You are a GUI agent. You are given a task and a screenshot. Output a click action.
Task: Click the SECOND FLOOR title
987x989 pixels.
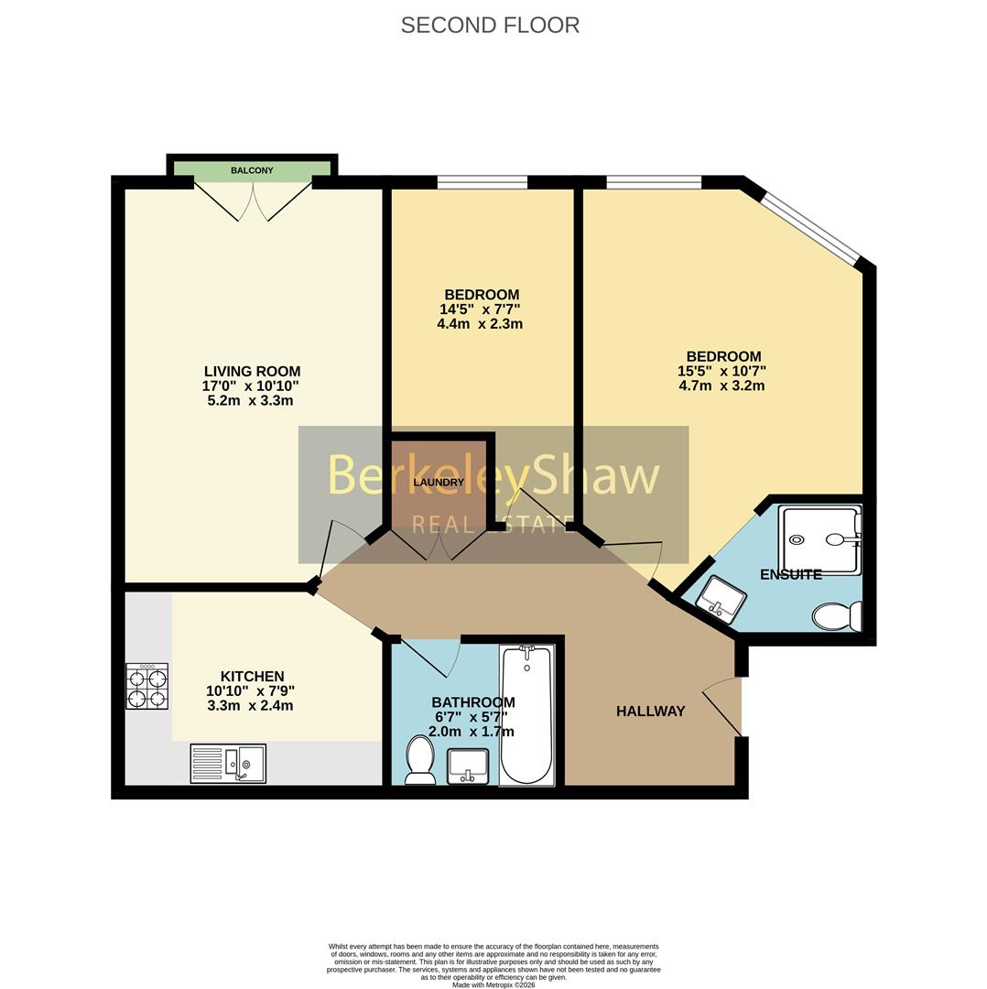[490, 26]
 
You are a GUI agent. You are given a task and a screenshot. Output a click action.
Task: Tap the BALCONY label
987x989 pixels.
[253, 170]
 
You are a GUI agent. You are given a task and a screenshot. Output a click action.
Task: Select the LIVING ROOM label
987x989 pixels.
[253, 372]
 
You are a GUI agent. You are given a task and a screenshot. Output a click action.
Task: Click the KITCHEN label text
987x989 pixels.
[253, 677]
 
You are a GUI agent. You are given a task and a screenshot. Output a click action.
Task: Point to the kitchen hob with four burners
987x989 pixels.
[146, 686]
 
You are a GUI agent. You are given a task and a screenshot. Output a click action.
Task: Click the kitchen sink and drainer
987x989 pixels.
[228, 764]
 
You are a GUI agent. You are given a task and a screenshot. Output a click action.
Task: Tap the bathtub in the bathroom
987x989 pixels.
[526, 714]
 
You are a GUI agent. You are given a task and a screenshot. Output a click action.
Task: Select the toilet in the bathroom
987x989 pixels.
[419, 759]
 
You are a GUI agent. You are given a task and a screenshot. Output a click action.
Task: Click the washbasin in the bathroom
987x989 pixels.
[468, 766]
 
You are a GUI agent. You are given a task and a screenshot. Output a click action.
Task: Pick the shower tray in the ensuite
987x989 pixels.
[819, 539]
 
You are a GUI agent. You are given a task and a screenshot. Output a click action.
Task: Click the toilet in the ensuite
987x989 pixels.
[837, 615]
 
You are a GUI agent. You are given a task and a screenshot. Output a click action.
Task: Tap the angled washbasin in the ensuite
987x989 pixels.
[721, 599]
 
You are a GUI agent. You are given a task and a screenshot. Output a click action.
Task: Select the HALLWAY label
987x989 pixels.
[650, 712]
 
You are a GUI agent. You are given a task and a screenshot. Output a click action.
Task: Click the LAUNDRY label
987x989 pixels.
[439, 483]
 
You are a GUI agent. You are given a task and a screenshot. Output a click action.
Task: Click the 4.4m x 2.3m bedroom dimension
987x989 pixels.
[480, 324]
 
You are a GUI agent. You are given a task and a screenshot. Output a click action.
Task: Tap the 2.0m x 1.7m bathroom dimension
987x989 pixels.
[472, 732]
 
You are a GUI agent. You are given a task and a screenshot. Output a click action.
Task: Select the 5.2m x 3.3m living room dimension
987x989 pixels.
[250, 400]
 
